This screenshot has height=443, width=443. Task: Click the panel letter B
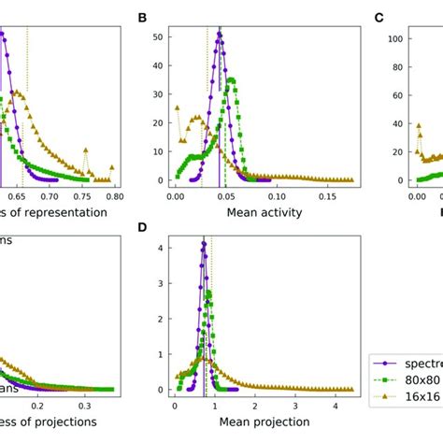point(143,19)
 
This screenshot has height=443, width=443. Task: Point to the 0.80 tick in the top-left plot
point(114,197)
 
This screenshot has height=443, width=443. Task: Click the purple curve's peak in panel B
point(220,35)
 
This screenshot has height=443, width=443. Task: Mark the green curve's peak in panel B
point(231,79)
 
